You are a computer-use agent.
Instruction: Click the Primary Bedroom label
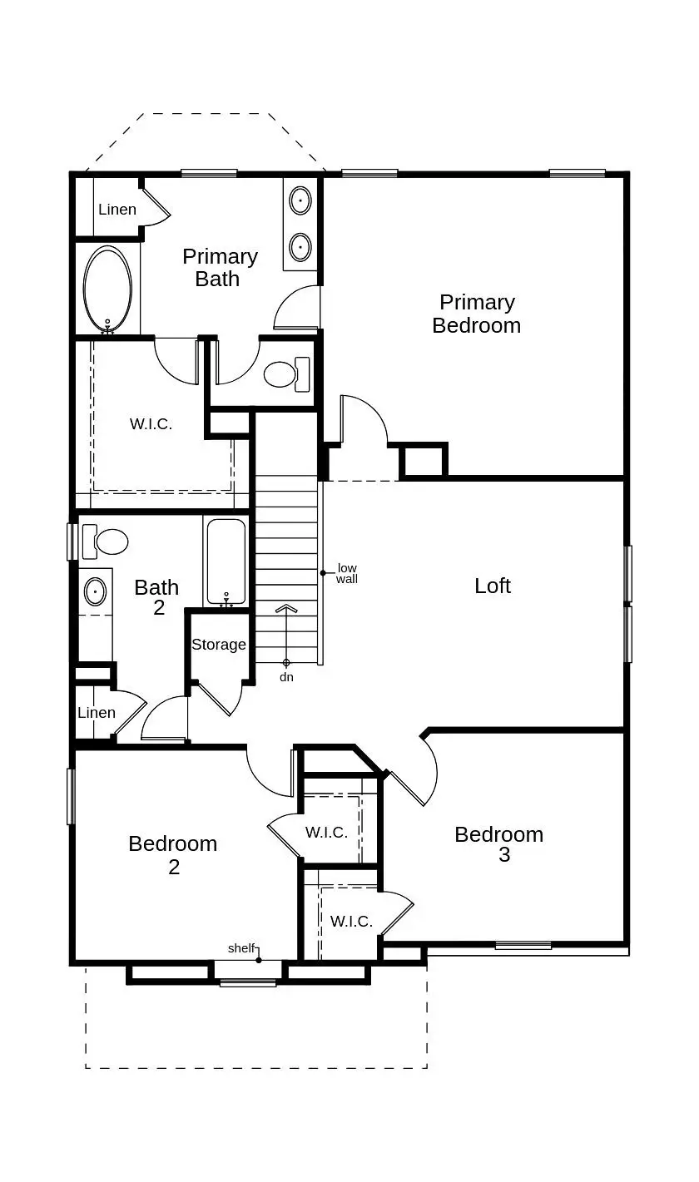(477, 314)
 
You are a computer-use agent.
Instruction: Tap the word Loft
(493, 586)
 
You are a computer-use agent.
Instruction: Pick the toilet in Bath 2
(106, 542)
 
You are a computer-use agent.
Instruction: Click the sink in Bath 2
(96, 591)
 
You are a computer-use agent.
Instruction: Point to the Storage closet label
(219, 645)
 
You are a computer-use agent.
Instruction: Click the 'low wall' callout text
(347, 574)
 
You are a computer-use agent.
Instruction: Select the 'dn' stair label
(286, 677)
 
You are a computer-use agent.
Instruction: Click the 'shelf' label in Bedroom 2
(240, 948)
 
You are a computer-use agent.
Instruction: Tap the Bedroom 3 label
(499, 844)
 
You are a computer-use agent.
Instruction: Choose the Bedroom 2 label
(173, 855)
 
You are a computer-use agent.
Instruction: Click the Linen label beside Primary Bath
(117, 210)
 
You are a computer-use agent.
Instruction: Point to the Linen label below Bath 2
(97, 713)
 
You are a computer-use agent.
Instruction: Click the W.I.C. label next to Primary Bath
(151, 424)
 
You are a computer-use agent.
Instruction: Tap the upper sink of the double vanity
(300, 200)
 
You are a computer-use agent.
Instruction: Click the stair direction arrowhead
(286, 609)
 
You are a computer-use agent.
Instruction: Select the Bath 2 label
(157, 597)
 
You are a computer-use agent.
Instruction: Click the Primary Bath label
(220, 267)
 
